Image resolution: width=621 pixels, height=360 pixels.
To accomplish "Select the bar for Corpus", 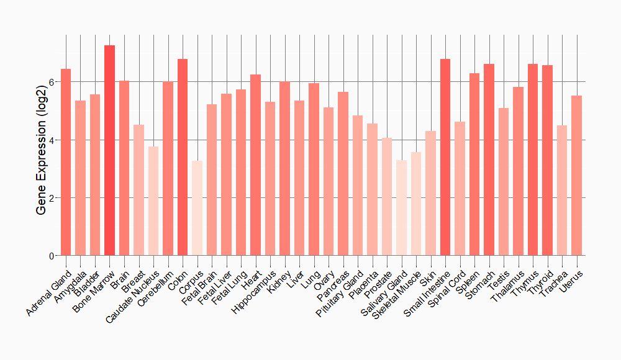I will (197, 208).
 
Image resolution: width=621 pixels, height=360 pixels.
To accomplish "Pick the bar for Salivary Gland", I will (401, 208).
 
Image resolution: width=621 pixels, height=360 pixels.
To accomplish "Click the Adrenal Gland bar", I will (66, 162).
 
